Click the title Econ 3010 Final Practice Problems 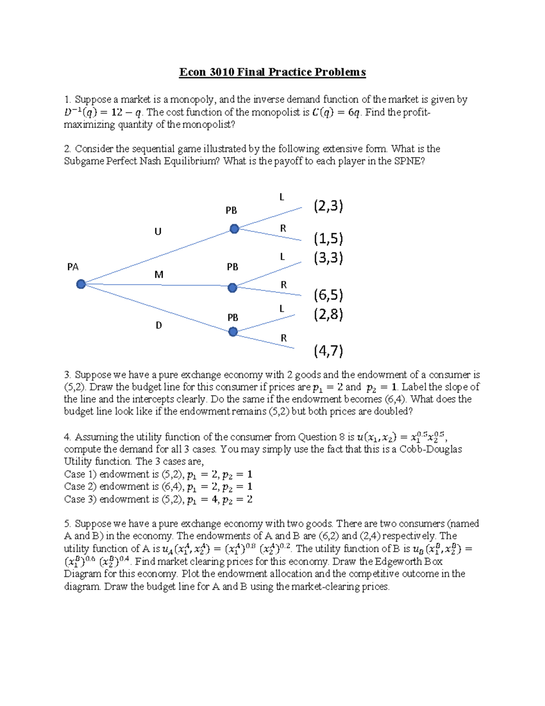pos(272,72)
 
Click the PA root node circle pos(81,284)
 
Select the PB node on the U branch pos(234,229)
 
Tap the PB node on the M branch pos(233,288)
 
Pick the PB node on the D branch pos(233,332)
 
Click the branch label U pos(158,232)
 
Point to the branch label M pos(159,275)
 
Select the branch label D pos(159,325)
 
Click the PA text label pos(73,267)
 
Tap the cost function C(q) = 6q pos(336,112)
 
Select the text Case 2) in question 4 pos(80,486)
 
